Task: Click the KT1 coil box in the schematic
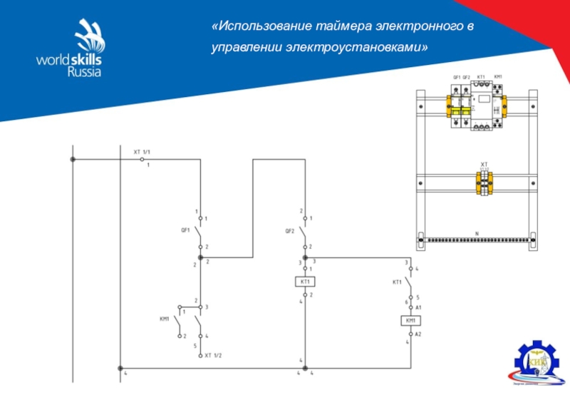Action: pos(305,282)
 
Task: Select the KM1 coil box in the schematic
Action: pos(410,321)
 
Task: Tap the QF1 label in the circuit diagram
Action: pos(185,230)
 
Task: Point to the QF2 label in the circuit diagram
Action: pos(289,230)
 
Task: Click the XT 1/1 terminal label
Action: pos(142,153)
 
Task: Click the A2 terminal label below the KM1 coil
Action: pos(419,333)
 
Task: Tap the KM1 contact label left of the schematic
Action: pos(164,319)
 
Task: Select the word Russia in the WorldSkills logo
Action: pos(84,71)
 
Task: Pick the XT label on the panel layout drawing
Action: pos(484,163)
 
